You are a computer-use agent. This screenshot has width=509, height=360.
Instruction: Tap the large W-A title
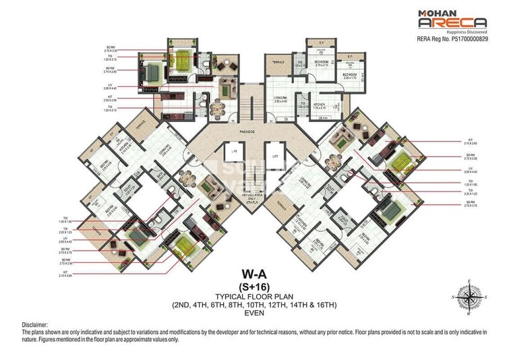(x=253, y=276)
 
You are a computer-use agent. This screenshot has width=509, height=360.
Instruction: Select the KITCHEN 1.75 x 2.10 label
(x=319, y=105)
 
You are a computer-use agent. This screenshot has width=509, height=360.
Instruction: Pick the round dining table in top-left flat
(x=216, y=107)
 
